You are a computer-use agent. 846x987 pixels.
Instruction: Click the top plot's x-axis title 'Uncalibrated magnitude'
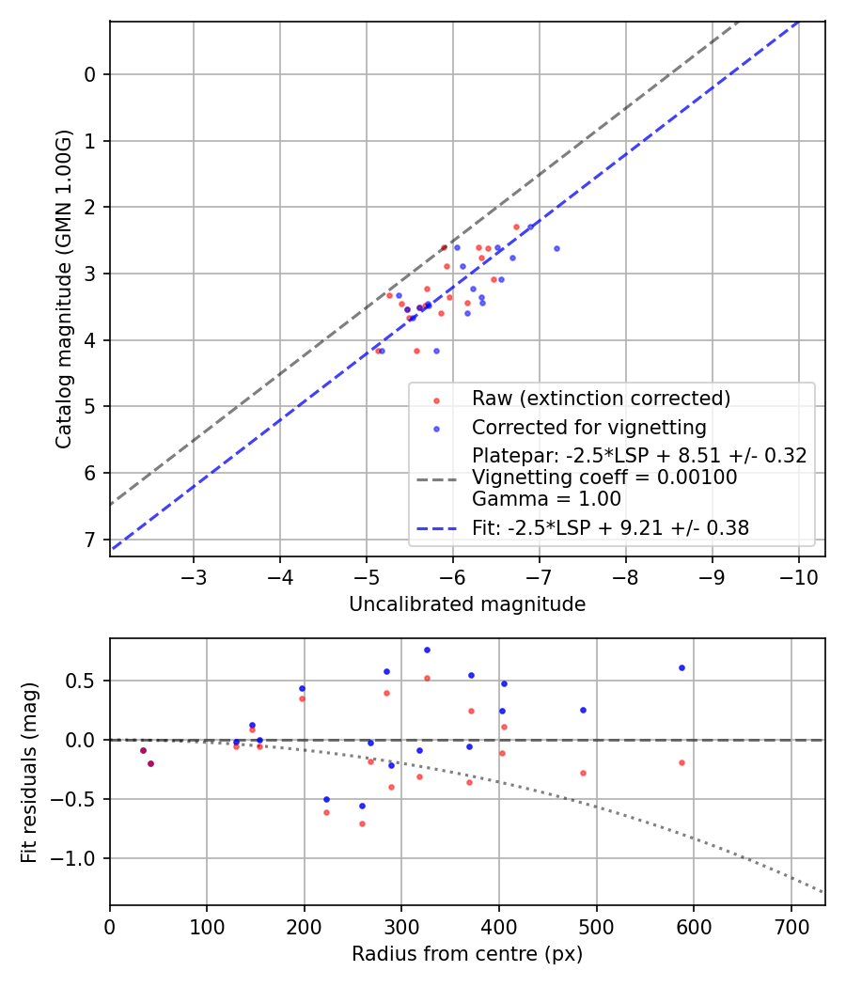tap(467, 604)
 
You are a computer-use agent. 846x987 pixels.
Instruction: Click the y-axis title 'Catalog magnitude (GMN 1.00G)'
tap(63, 289)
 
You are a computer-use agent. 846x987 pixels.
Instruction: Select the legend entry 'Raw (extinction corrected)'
tap(601, 399)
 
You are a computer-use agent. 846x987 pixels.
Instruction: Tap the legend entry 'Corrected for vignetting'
tap(588, 428)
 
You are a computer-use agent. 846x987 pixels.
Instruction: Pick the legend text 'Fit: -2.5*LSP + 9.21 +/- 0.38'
tap(610, 528)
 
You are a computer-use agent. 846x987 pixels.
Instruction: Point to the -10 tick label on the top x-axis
tap(798, 575)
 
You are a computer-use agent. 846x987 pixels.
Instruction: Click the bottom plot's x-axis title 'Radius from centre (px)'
tap(467, 954)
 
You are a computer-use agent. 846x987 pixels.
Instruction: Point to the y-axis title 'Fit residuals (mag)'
tap(29, 772)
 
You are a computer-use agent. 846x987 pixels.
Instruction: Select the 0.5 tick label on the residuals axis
tap(86, 681)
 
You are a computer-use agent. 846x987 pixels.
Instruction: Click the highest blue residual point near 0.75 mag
tap(427, 650)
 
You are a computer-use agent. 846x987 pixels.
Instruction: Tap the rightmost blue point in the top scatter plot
tap(556, 248)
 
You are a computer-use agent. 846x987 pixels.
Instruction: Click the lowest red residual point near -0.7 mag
tap(362, 823)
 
